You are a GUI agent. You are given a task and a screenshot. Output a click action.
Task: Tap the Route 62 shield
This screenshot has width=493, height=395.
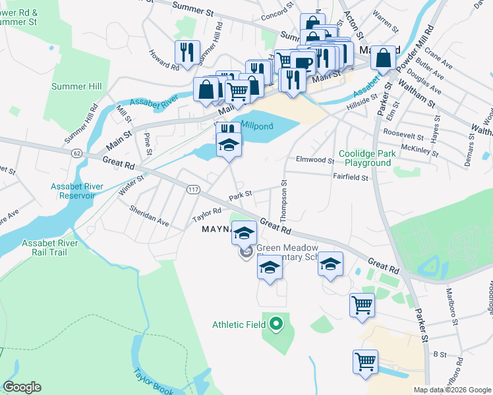click(77, 153)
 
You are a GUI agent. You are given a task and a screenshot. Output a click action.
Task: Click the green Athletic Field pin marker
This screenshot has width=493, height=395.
click(276, 324)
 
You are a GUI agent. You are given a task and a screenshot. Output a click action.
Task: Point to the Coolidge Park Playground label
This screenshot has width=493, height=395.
click(364, 158)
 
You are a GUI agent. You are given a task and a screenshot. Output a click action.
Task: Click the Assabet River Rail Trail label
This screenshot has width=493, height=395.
click(50, 248)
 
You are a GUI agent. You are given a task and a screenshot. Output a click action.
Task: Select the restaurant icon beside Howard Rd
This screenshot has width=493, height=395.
click(187, 53)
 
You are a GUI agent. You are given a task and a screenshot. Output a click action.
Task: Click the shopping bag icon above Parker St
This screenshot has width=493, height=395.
click(383, 58)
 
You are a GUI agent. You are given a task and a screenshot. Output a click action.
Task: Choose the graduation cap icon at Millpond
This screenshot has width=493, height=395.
click(229, 145)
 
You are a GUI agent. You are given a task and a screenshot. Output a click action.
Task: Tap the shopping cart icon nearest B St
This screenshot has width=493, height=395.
click(365, 361)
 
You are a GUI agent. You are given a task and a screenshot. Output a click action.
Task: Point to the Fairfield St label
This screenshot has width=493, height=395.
click(350, 176)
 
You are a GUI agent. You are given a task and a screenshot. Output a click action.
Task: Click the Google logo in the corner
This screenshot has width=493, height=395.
click(22, 387)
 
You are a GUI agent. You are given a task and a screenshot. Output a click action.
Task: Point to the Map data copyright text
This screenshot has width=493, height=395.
click(453, 390)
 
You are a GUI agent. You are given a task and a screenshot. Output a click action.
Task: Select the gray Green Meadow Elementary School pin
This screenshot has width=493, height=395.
click(246, 252)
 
